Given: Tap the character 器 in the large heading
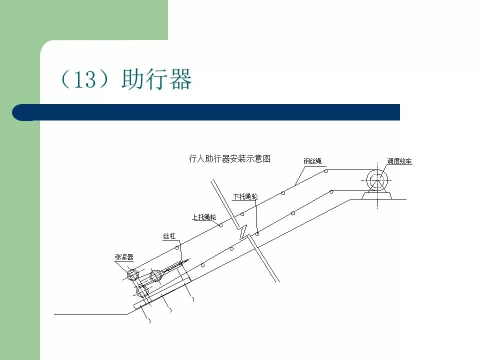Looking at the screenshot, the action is point(179,79).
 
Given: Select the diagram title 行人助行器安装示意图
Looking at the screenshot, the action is point(229,159).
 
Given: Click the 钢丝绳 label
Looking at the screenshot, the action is point(312,161).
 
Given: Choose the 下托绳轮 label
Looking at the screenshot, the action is point(245,196).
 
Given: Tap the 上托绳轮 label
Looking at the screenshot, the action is point(204,217).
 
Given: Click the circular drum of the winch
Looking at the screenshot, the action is point(375,180).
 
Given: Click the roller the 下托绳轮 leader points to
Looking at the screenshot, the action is point(257,233).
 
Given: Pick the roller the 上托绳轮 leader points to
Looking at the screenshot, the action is point(220,225).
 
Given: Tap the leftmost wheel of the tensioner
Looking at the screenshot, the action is point(132,274).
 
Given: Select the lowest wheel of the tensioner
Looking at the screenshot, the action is point(142,290).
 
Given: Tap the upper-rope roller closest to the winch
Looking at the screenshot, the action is point(325,171).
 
